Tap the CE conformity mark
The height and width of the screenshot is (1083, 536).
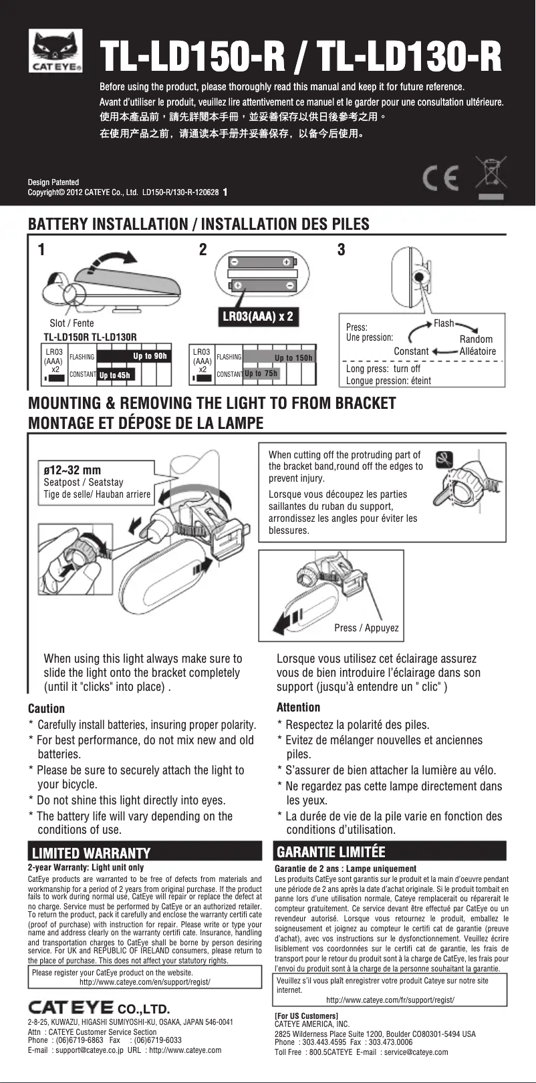(x=442, y=178)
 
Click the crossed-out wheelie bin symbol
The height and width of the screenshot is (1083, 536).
(x=491, y=176)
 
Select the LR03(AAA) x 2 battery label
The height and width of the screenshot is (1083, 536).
(x=257, y=316)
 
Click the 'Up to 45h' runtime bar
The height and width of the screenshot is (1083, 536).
(x=114, y=375)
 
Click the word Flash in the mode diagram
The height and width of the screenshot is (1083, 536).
(x=444, y=323)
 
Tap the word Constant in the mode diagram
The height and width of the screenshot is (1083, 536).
(x=411, y=351)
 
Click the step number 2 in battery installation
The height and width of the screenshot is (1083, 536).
(x=203, y=250)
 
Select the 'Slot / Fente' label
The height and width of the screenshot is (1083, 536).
(x=72, y=323)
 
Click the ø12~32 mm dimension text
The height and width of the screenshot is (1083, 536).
(x=72, y=470)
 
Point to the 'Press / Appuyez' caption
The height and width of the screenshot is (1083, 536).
(x=366, y=628)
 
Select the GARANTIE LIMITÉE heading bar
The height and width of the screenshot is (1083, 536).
(x=391, y=852)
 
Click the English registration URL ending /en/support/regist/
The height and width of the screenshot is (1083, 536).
(x=145, y=982)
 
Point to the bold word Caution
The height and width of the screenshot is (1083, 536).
(x=46, y=709)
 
